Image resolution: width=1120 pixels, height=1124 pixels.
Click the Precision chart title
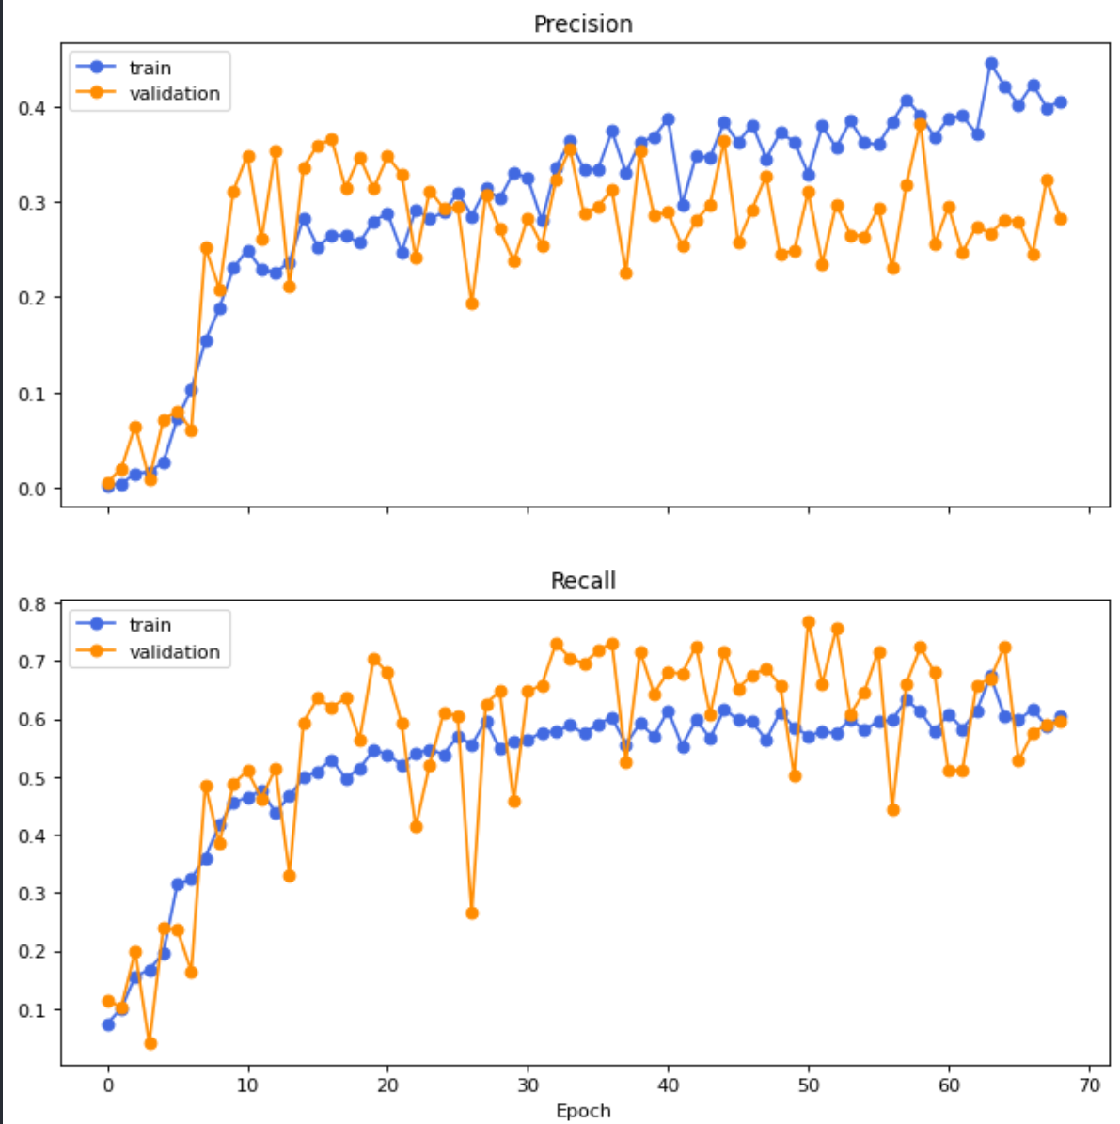(x=583, y=23)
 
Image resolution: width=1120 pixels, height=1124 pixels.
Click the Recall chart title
(x=583, y=581)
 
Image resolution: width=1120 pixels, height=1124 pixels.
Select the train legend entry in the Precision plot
(x=150, y=68)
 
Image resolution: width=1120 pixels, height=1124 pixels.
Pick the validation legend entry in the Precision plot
(x=174, y=93)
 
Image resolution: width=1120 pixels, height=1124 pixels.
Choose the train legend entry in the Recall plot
(x=150, y=625)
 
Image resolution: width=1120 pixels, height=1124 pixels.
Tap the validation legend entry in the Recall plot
(x=174, y=651)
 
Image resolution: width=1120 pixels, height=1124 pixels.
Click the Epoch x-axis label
(x=583, y=1111)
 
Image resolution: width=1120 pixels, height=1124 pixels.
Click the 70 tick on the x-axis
(x=1089, y=1085)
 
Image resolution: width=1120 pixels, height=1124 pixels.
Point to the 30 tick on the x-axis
(x=528, y=1085)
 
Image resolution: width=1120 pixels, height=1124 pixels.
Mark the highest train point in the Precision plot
(x=991, y=64)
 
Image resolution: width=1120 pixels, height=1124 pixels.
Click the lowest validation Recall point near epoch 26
(x=472, y=913)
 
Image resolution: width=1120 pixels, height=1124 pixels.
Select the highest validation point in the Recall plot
(x=809, y=622)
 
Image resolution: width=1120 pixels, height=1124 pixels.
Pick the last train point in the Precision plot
(x=1061, y=102)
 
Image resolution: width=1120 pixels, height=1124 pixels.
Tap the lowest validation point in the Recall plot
(x=150, y=1043)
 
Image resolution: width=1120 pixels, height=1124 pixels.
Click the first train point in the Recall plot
(x=108, y=1024)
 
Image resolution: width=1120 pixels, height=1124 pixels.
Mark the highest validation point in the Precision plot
(x=921, y=124)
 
